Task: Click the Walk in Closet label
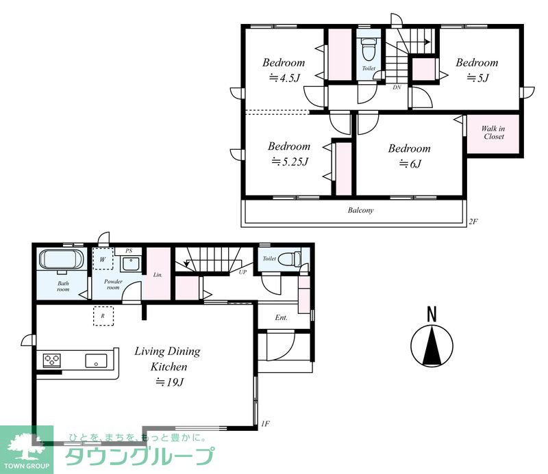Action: pyautogui.click(x=493, y=133)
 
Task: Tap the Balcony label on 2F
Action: pyautogui.click(x=361, y=210)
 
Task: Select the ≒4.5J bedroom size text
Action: pyautogui.click(x=284, y=77)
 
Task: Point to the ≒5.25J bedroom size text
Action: pyautogui.click(x=290, y=161)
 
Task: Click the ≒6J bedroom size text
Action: pyautogui.click(x=410, y=163)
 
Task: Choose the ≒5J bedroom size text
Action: pyautogui.click(x=477, y=77)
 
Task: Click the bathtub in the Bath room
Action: pyautogui.click(x=62, y=260)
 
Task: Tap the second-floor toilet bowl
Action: pyautogui.click(x=369, y=49)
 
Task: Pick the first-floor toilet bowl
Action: pyautogui.click(x=289, y=259)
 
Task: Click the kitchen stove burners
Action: pyautogui.click(x=52, y=360)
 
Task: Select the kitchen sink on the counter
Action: pyautogui.click(x=96, y=360)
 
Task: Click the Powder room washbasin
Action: pyautogui.click(x=130, y=264)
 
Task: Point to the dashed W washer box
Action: pyautogui.click(x=103, y=259)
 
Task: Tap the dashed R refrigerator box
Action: pyautogui.click(x=103, y=316)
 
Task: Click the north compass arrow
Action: pyautogui.click(x=432, y=345)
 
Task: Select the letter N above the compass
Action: pyautogui.click(x=432, y=314)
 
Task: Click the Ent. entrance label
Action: pyautogui.click(x=282, y=317)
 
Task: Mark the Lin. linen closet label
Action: pyautogui.click(x=158, y=275)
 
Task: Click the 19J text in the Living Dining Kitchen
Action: pyautogui.click(x=170, y=382)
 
